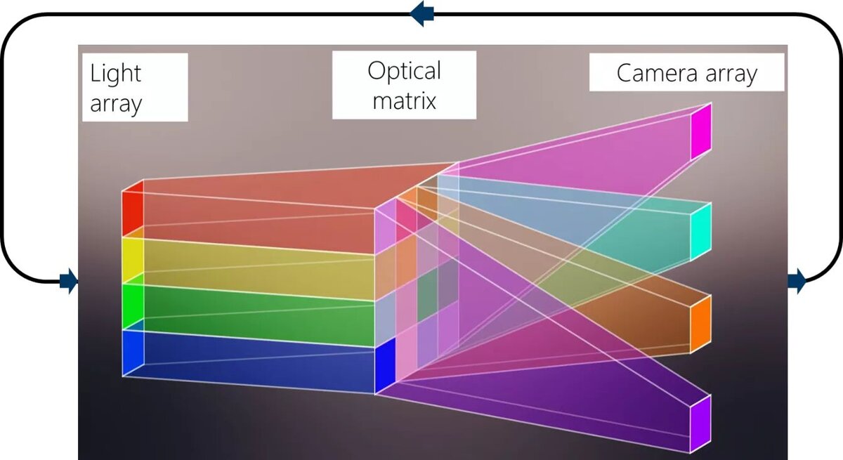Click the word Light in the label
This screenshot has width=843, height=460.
click(x=115, y=73)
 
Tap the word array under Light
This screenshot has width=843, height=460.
click(x=116, y=103)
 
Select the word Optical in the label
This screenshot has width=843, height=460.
click(x=404, y=71)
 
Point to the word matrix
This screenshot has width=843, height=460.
click(x=404, y=100)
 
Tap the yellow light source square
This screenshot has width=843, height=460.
click(x=133, y=261)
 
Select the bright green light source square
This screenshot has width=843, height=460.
click(x=133, y=306)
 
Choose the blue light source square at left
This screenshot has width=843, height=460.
click(x=133, y=353)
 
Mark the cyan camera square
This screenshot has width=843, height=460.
click(x=700, y=231)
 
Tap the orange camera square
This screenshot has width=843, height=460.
click(x=700, y=324)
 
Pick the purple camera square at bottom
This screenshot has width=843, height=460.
click(x=700, y=423)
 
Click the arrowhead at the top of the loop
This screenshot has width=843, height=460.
click(x=422, y=13)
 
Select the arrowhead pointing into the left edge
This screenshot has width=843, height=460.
click(x=68, y=282)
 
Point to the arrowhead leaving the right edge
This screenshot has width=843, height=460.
click(x=797, y=282)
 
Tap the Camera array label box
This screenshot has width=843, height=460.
click(x=686, y=73)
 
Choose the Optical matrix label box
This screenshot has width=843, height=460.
click(x=404, y=85)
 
